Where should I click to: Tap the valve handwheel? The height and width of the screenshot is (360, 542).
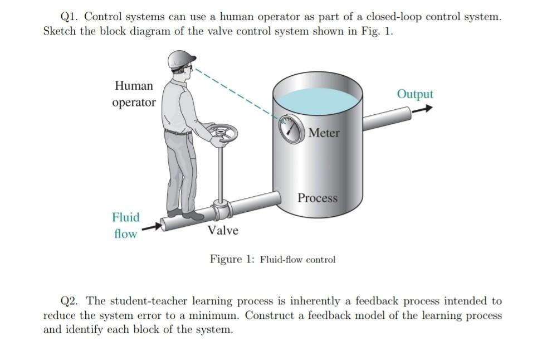coord(222,133)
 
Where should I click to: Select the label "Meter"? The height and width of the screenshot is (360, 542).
coord(324,133)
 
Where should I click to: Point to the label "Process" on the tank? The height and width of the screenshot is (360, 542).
coord(317,198)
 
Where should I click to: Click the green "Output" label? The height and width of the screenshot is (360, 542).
coord(414,94)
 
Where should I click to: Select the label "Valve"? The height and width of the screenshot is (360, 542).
coord(223,230)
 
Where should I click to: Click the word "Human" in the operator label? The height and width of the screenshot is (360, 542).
coord(134,86)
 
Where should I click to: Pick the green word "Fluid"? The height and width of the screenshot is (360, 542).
coord(126,217)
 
